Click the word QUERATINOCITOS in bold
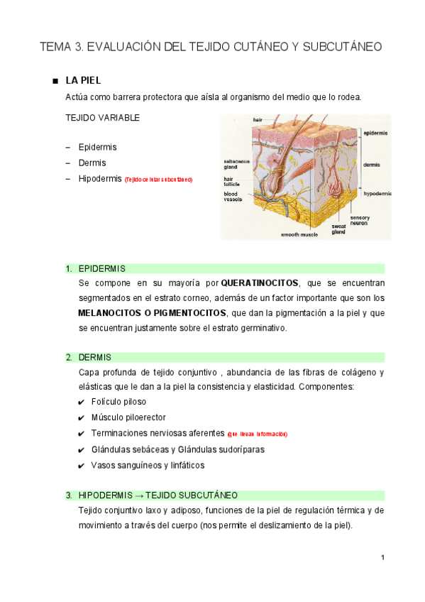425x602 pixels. click(x=260, y=284)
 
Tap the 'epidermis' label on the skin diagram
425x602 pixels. click(x=375, y=133)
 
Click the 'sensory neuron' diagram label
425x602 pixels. click(x=359, y=220)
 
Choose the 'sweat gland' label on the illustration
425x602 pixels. click(x=338, y=229)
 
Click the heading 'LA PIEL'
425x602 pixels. click(x=88, y=80)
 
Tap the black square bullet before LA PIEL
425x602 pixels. click(x=55, y=81)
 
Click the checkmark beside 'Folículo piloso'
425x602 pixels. click(x=82, y=403)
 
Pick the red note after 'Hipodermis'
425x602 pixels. click(x=158, y=180)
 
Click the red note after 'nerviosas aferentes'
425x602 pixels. click(x=257, y=434)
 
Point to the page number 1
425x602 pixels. click(x=382, y=557)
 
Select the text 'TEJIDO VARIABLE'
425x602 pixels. click(x=102, y=118)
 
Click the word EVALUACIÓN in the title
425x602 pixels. click(x=122, y=48)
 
